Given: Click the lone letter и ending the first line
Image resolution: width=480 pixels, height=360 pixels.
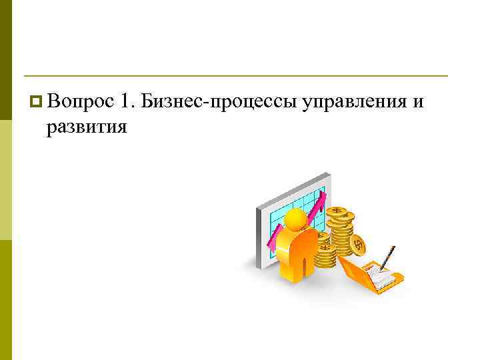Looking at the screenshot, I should (418, 103).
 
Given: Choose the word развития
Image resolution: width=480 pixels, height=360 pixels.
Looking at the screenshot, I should (87, 126).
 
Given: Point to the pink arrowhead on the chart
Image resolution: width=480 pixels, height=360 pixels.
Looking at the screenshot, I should (321, 200).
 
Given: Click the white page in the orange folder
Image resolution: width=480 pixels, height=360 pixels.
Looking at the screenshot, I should (381, 277).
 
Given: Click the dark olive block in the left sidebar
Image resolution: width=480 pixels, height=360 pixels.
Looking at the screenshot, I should (6, 60).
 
